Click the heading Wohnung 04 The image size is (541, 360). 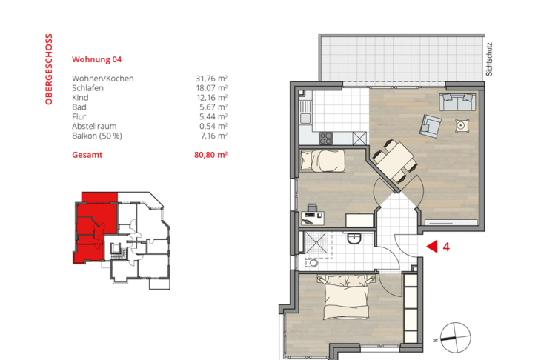pos(96,59)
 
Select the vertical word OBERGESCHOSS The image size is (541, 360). pos(49,69)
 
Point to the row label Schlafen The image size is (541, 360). pos(87,88)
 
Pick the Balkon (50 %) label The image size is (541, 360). pos(97,136)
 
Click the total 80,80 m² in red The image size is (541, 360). pos(210,156)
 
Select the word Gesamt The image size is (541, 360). pos(87,156)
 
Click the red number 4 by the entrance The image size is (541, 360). pos(446,247)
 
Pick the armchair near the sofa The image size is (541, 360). pos(431,126)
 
